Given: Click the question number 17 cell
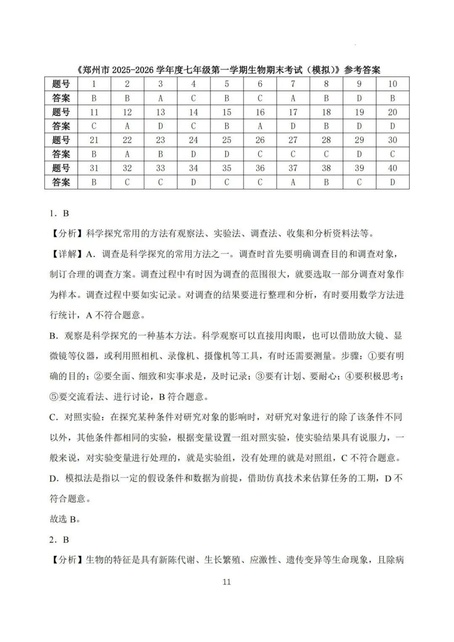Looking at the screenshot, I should click(x=293, y=112).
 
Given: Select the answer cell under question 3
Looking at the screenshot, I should click(x=160, y=98).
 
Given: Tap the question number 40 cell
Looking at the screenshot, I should click(x=392, y=168).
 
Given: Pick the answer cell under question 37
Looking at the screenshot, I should click(x=293, y=182).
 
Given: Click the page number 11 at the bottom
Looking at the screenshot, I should click(x=227, y=582).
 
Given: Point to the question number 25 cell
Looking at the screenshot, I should click(x=227, y=140).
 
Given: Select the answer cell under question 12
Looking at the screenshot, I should click(x=127, y=126).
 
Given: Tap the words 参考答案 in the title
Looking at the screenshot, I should click(x=362, y=70).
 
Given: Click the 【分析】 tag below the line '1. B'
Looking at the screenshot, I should click(x=67, y=233).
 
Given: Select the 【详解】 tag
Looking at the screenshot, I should click(x=67, y=254).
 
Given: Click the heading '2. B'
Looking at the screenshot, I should click(x=59, y=540).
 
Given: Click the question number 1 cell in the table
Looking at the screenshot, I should click(x=94, y=84).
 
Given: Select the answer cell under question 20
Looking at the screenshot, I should click(x=392, y=126).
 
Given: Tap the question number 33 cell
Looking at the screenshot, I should click(x=160, y=168).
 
